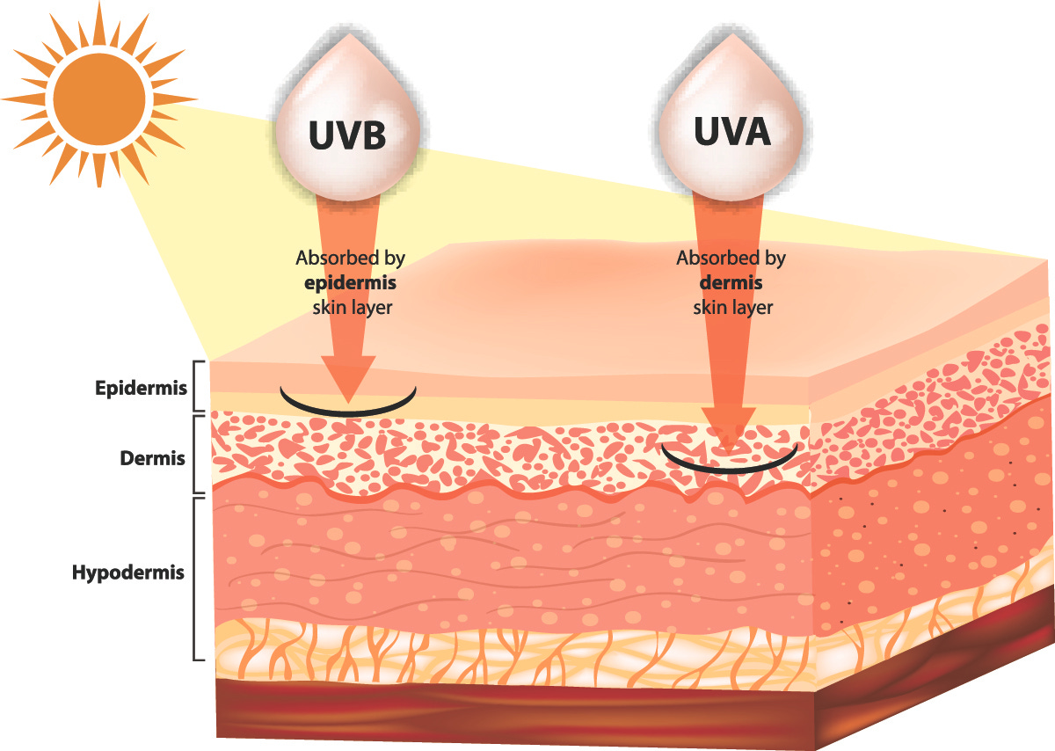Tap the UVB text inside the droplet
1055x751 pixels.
click(348, 137)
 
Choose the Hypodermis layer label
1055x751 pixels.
click(128, 572)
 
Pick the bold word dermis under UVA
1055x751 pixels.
click(731, 283)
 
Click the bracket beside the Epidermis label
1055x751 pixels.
click(199, 386)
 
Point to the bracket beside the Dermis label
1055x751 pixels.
click(199, 455)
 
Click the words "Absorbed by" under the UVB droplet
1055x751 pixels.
click(350, 259)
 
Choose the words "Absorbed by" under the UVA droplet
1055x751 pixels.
click(731, 259)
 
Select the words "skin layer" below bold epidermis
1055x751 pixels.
click(350, 308)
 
